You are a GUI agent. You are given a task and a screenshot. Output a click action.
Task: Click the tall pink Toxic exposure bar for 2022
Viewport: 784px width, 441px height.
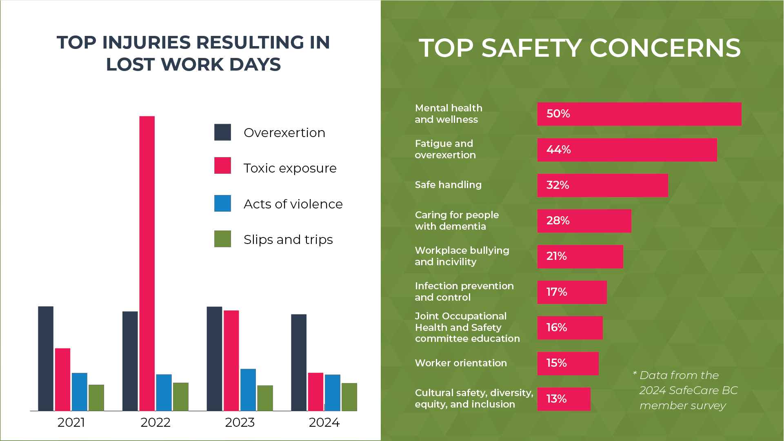[x=147, y=263]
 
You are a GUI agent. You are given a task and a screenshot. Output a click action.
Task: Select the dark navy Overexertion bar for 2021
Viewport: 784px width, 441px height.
[x=46, y=358]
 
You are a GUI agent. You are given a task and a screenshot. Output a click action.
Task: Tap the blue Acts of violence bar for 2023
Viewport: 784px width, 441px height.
[x=248, y=390]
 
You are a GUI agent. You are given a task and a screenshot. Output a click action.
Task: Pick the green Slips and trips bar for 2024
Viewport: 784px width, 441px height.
[x=349, y=397]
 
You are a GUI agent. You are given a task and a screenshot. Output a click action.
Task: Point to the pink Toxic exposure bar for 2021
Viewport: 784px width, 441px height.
[x=62, y=379]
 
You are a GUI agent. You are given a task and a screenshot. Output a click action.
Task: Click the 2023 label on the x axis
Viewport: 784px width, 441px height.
[x=240, y=422]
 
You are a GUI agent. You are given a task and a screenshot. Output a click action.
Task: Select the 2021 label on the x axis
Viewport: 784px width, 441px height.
[x=71, y=422]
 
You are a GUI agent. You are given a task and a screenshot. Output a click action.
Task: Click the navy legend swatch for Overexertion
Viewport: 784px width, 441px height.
[x=222, y=132]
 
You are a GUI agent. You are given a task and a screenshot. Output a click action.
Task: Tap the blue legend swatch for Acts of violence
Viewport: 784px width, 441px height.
[x=222, y=203]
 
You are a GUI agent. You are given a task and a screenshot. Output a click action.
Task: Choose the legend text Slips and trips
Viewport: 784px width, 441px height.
[x=288, y=239]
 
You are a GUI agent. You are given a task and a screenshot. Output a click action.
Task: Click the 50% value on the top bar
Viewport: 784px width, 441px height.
[x=558, y=113]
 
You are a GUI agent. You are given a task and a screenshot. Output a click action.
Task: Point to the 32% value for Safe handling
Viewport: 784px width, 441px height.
[x=557, y=185]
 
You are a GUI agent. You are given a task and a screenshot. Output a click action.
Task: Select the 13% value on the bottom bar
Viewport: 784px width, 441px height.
[x=556, y=399]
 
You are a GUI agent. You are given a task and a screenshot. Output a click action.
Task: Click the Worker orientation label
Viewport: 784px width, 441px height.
[x=461, y=363]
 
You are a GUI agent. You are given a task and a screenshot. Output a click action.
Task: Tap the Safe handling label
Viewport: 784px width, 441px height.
[x=448, y=185]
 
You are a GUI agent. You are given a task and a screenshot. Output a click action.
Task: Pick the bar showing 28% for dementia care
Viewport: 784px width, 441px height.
[x=584, y=221]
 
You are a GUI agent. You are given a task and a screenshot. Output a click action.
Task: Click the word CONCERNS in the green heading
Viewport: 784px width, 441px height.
[x=665, y=48]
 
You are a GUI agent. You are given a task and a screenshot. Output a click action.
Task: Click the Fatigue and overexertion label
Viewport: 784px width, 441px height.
[x=445, y=149]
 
